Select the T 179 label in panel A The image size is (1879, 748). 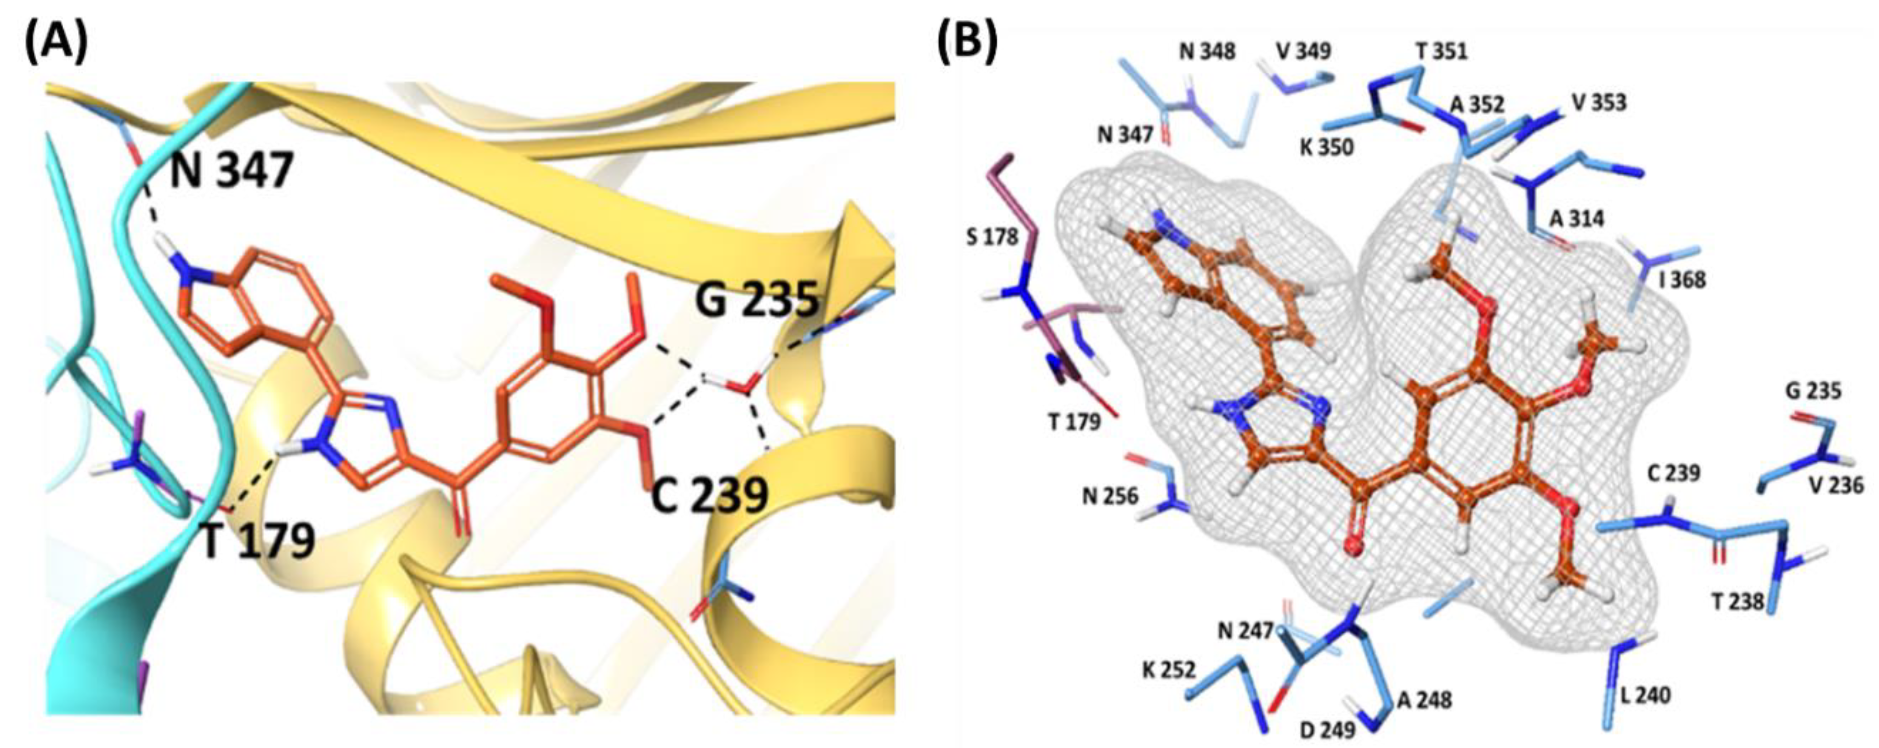[258, 541]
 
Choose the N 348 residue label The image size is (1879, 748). [1207, 51]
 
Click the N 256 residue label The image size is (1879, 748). [1110, 496]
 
